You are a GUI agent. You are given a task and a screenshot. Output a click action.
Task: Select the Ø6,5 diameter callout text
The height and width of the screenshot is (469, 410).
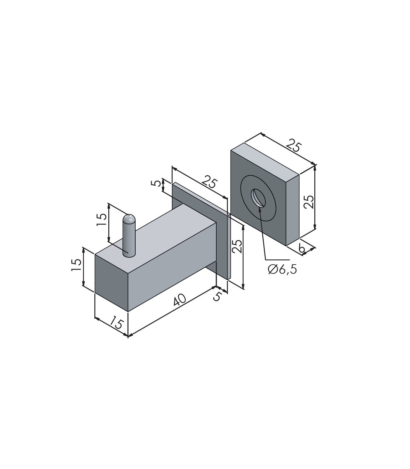282,269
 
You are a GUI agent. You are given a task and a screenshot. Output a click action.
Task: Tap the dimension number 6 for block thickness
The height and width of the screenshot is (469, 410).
302,249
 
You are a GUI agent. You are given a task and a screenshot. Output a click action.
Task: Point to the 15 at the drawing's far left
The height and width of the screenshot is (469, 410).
76,265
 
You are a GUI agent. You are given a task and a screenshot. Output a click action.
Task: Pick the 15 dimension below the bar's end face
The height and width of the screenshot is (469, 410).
117,322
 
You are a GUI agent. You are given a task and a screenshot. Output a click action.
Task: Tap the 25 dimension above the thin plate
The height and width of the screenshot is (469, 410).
209,182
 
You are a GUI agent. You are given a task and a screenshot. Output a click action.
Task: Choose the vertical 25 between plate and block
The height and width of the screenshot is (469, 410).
237,246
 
